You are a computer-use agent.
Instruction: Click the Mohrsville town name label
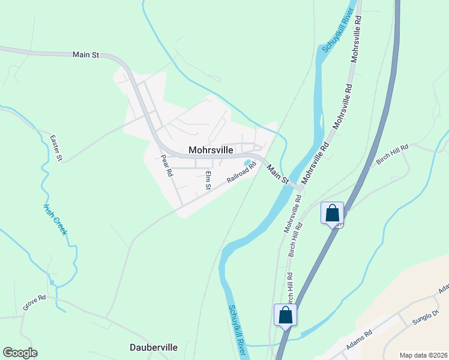[210, 150]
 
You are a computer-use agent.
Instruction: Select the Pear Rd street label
[167, 166]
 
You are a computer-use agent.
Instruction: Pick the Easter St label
[56, 148]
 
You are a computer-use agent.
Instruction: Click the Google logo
[20, 353]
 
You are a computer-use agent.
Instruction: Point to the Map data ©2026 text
[423, 355]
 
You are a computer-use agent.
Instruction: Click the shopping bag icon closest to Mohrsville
[333, 212]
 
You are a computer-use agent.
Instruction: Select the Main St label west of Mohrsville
[85, 55]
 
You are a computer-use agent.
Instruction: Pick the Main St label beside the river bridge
[279, 174]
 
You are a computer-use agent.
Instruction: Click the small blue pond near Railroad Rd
[247, 163]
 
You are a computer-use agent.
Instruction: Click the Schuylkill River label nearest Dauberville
[237, 329]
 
